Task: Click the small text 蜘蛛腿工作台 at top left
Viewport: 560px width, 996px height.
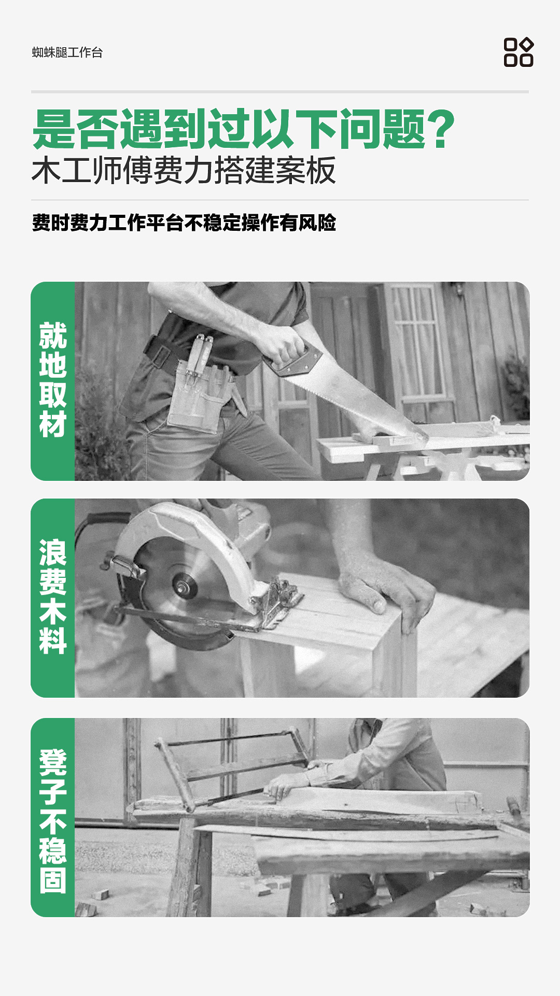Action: (x=67, y=52)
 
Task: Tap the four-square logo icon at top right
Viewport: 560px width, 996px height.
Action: (x=519, y=52)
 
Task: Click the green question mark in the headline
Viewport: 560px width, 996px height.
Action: (x=441, y=129)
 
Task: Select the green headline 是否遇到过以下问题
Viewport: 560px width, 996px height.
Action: (x=229, y=129)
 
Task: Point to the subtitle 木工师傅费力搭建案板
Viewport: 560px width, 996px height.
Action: (x=184, y=170)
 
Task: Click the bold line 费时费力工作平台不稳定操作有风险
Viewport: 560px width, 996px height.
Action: (x=184, y=223)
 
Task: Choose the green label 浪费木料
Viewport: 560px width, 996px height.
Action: (x=53, y=597)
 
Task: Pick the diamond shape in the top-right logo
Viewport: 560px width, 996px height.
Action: (x=527, y=45)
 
